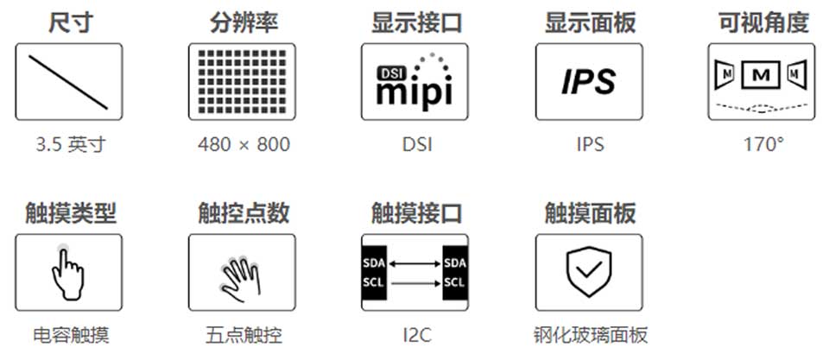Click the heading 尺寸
(x=68, y=22)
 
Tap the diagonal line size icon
(x=68, y=82)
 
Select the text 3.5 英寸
(x=68, y=144)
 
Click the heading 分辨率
(x=243, y=22)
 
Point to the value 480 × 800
(x=243, y=144)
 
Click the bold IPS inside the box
(x=588, y=82)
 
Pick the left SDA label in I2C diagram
(x=374, y=262)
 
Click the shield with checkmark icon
(x=588, y=273)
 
